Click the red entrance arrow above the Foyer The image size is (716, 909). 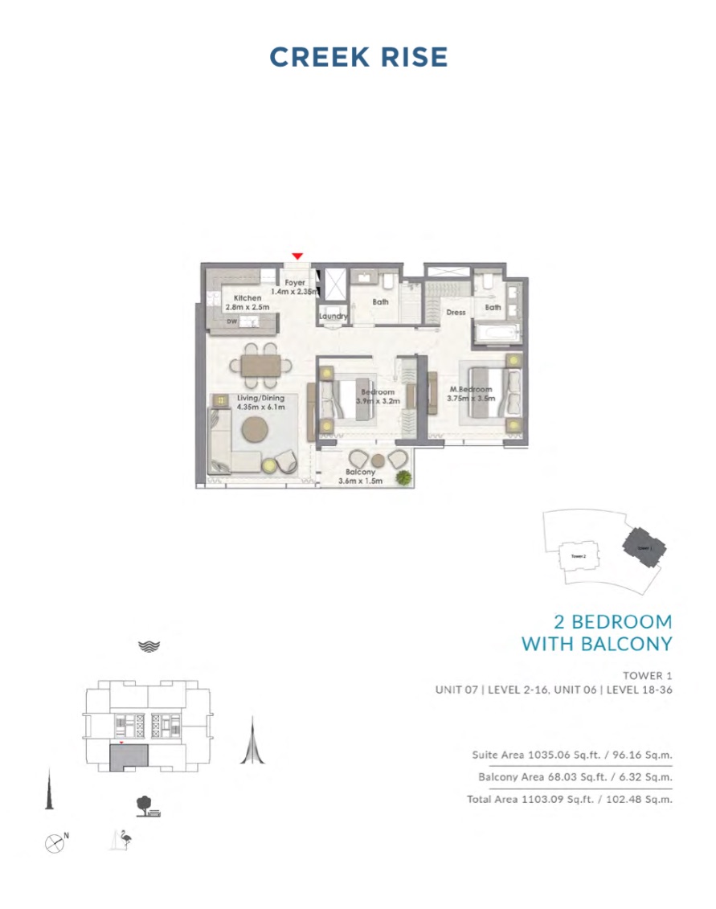coord(297,256)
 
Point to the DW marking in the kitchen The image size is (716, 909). coord(231,321)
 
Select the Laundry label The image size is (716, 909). coord(333,317)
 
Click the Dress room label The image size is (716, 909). coord(456,313)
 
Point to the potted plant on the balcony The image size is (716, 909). coord(404,477)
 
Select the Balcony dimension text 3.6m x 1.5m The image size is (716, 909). coord(360,481)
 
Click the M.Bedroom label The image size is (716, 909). coord(470,390)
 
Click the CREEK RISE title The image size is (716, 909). coord(358,57)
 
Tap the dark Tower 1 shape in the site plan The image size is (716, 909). coord(643,547)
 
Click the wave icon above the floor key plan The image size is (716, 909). coord(149,645)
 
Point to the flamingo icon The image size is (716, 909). coord(123,839)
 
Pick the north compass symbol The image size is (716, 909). coord(55,843)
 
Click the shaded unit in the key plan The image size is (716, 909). coord(128,759)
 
